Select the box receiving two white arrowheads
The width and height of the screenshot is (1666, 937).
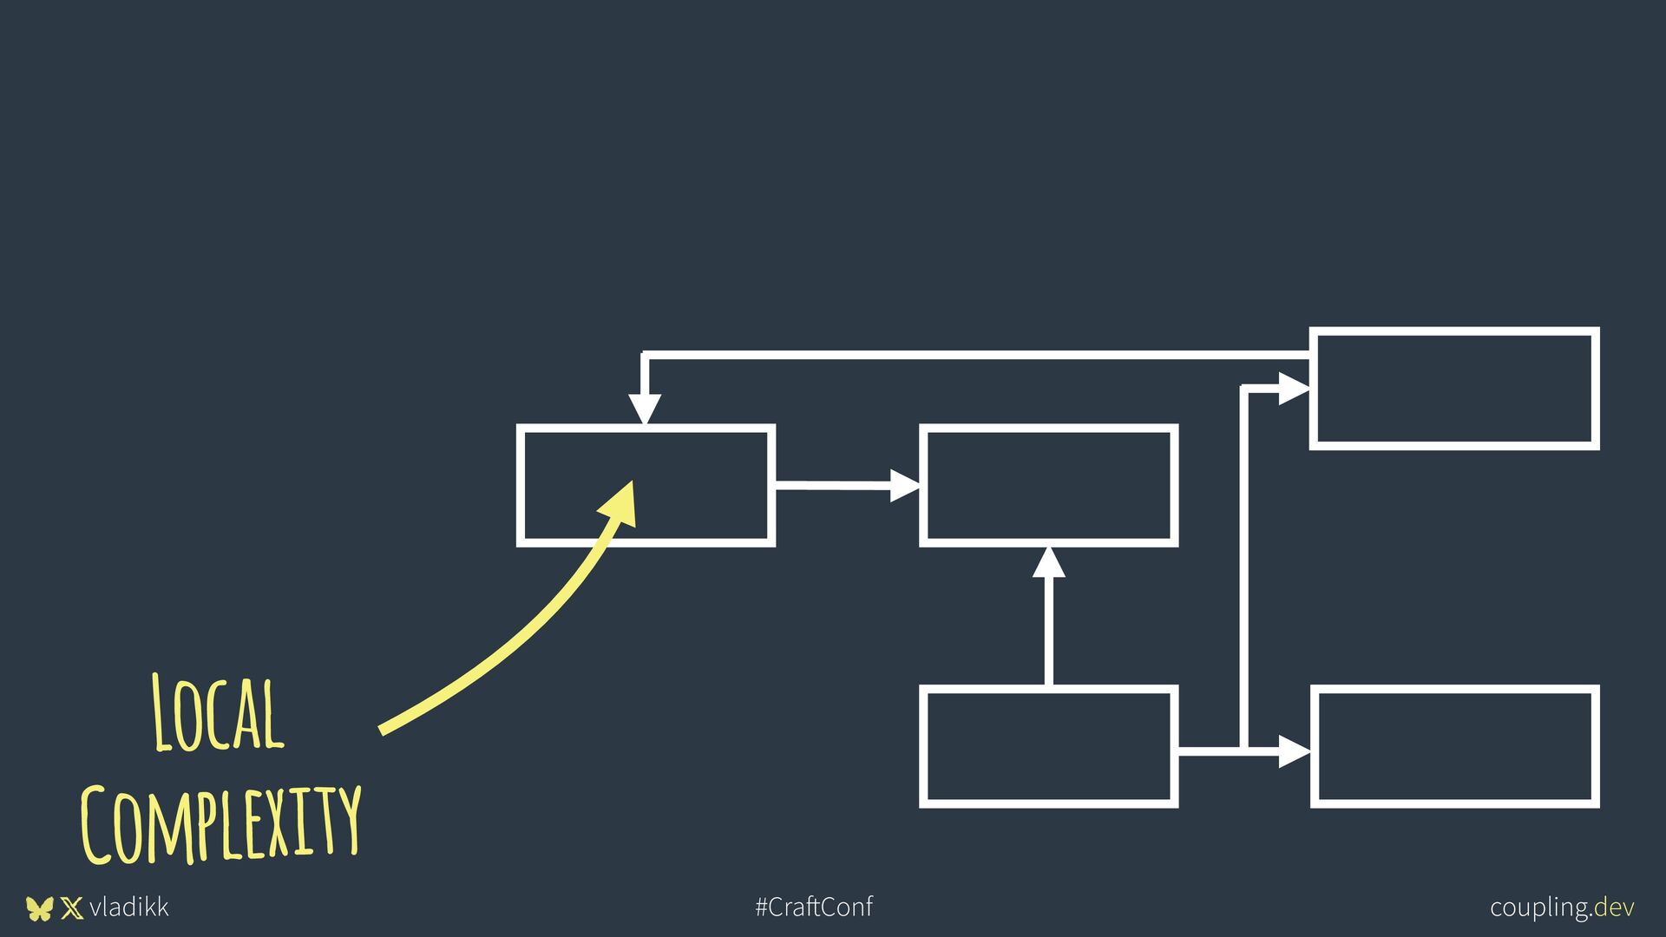(1048, 486)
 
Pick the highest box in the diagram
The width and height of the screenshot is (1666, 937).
(1454, 389)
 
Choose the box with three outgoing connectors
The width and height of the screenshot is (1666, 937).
(1048, 747)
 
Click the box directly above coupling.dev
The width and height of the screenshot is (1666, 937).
(1454, 747)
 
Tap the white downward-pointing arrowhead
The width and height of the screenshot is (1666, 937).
(645, 409)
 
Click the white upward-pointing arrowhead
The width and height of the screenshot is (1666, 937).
(1048, 564)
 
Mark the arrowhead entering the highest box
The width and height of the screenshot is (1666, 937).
(1294, 390)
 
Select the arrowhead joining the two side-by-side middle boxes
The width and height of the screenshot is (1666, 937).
(905, 485)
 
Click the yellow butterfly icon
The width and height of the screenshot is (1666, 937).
(39, 908)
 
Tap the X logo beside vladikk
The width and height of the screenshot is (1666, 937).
(72, 908)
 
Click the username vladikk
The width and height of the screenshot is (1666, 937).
(128, 908)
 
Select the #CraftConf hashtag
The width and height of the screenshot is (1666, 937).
(814, 908)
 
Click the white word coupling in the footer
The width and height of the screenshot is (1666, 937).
(1540, 908)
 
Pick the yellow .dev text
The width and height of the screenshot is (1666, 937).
(1614, 908)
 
